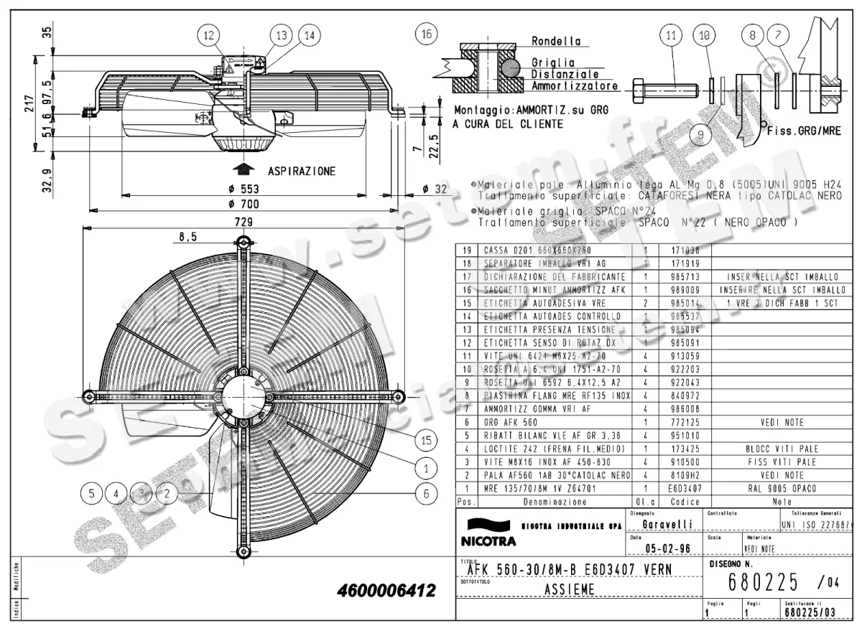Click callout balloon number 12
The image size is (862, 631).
tap(208, 34)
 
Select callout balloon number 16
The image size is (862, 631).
tap(427, 34)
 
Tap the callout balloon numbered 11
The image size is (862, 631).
tap(671, 34)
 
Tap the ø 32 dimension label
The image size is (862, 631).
tap(435, 189)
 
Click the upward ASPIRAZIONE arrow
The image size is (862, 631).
tap(245, 169)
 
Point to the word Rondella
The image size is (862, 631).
tap(556, 42)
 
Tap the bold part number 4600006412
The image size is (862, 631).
tap(386, 592)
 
